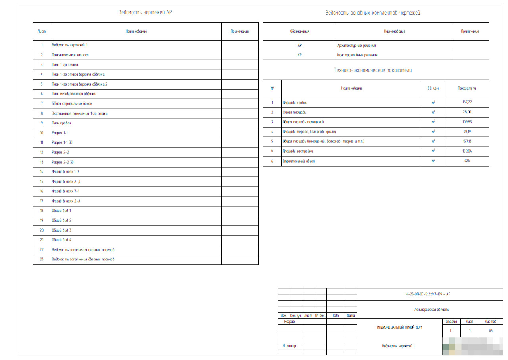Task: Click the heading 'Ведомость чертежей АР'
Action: pyautogui.click(x=145, y=12)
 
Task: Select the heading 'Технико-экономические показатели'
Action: pyautogui.click(x=372, y=70)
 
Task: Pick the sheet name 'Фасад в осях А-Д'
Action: pyautogui.click(x=66, y=182)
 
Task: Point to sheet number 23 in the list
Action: pyautogui.click(x=42, y=259)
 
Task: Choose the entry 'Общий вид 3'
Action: pyautogui.click(x=61, y=230)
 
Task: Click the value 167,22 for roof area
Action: pyautogui.click(x=467, y=102)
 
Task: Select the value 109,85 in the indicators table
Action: pyautogui.click(x=467, y=122)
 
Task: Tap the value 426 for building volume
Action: pyautogui.click(x=467, y=161)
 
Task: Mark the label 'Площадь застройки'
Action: pyautogui.click(x=298, y=151)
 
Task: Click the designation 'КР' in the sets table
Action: pyautogui.click(x=299, y=55)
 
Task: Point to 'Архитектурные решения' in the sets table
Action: pyautogui.click(x=356, y=46)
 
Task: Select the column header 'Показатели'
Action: pyautogui.click(x=467, y=88)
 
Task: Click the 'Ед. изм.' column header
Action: pyautogui.click(x=433, y=88)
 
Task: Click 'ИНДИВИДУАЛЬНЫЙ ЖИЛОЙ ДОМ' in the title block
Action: pyautogui.click(x=399, y=327)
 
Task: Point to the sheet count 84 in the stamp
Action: pyautogui.click(x=491, y=330)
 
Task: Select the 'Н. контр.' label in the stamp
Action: pyautogui.click(x=289, y=346)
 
